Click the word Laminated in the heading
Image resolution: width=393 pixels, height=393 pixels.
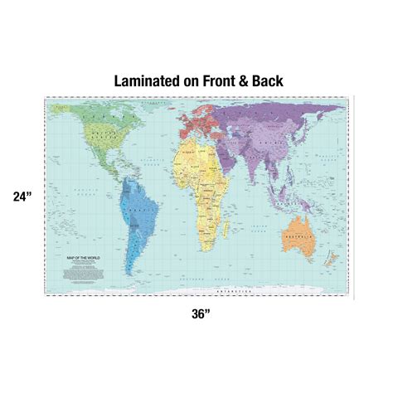(152, 81)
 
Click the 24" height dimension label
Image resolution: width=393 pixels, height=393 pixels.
(22, 197)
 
